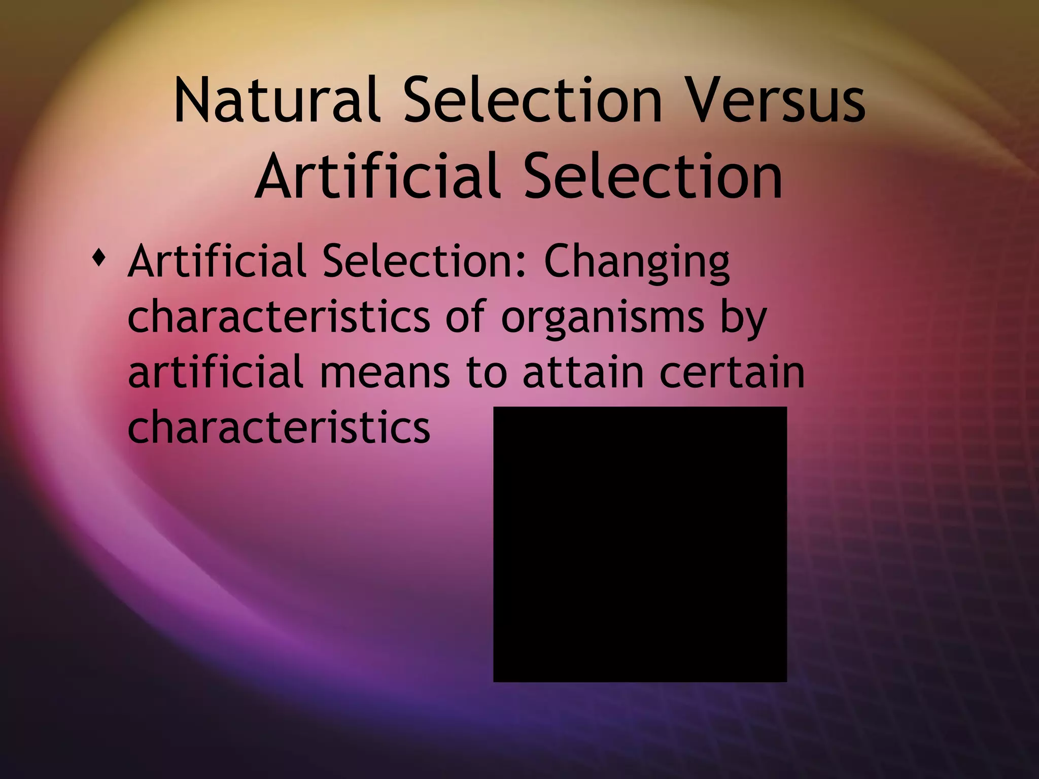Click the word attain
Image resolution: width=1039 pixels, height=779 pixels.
[583, 372]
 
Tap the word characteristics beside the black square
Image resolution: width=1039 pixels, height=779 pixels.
[279, 426]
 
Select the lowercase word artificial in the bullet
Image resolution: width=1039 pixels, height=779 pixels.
[216, 372]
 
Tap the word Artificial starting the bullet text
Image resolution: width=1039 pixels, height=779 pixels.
[217, 261]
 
